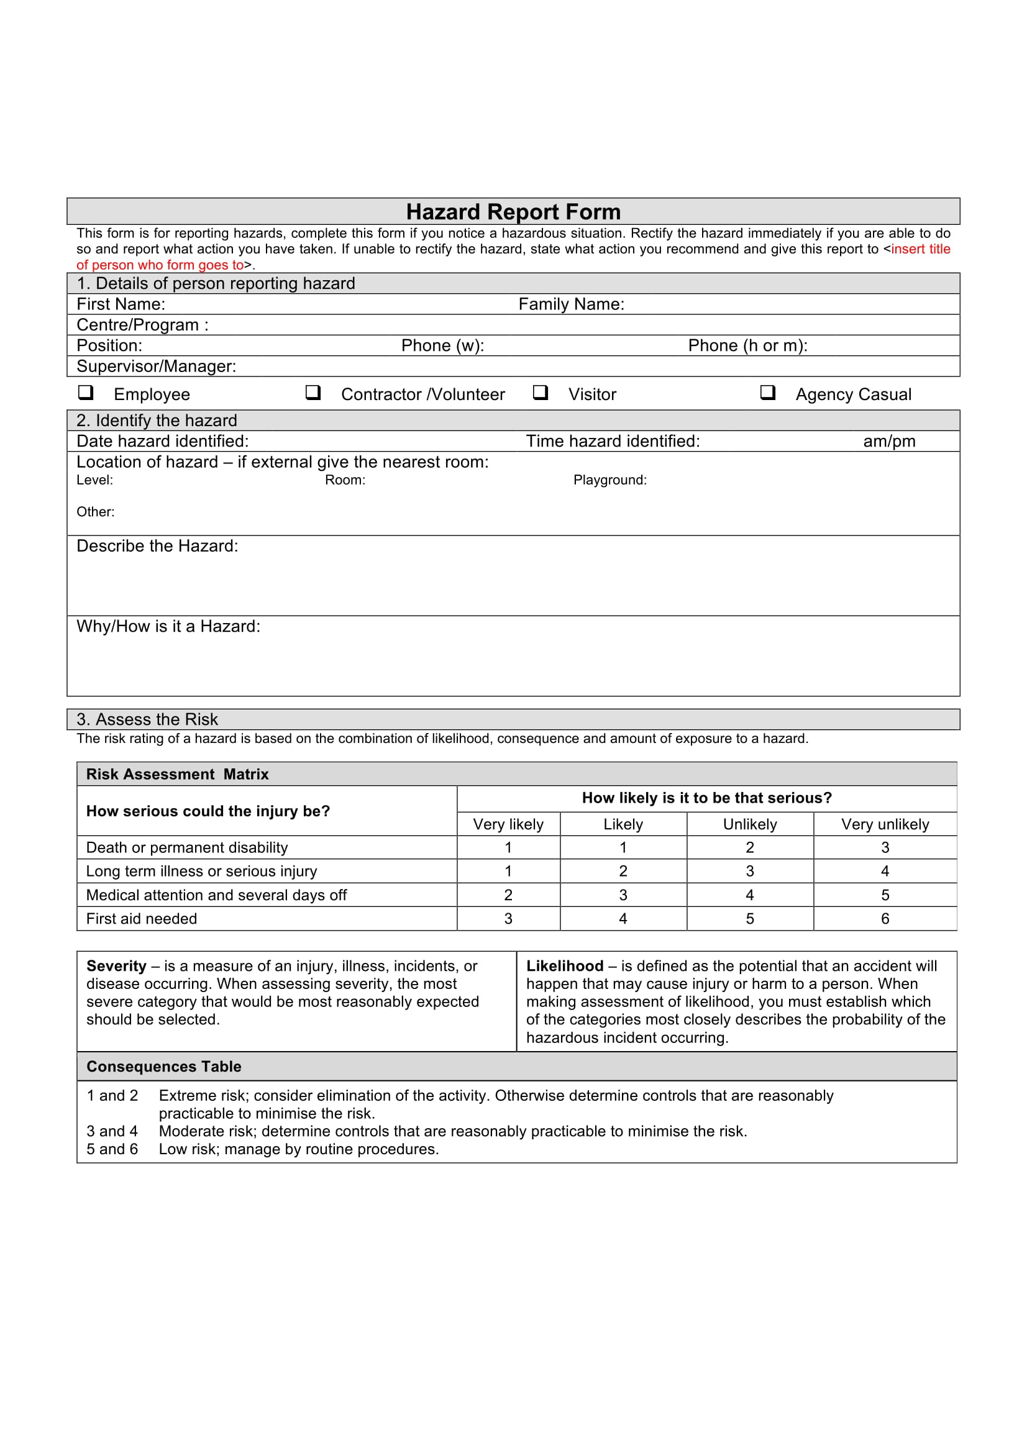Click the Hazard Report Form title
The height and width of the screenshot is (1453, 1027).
click(x=513, y=211)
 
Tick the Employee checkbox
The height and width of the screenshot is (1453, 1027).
click(x=85, y=393)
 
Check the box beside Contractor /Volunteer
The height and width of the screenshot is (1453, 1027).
click(x=313, y=393)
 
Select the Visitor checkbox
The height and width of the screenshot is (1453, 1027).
click(x=540, y=393)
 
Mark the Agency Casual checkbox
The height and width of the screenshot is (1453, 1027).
click(x=767, y=393)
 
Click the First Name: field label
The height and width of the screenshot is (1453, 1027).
click(x=121, y=304)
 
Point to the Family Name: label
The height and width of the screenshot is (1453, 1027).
click(x=571, y=304)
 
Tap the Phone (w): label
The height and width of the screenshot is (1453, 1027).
click(x=442, y=345)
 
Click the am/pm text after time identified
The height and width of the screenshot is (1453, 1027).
click(x=888, y=441)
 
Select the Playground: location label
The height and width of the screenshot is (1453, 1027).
click(x=609, y=480)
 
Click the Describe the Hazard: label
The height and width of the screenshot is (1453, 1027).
click(x=157, y=545)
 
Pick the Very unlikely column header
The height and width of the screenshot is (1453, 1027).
click(x=885, y=824)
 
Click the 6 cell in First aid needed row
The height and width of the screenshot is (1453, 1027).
click(x=885, y=918)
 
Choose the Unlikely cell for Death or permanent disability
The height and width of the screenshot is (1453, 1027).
click(x=749, y=847)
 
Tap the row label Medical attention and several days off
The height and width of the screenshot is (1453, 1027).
click(x=216, y=895)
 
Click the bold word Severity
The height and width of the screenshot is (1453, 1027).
click(x=116, y=966)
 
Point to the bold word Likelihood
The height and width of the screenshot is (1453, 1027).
click(x=564, y=966)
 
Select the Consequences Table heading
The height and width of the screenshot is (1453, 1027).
click(x=164, y=1067)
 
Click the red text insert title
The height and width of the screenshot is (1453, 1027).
click(x=920, y=248)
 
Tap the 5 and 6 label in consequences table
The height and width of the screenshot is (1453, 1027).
click(x=112, y=1149)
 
